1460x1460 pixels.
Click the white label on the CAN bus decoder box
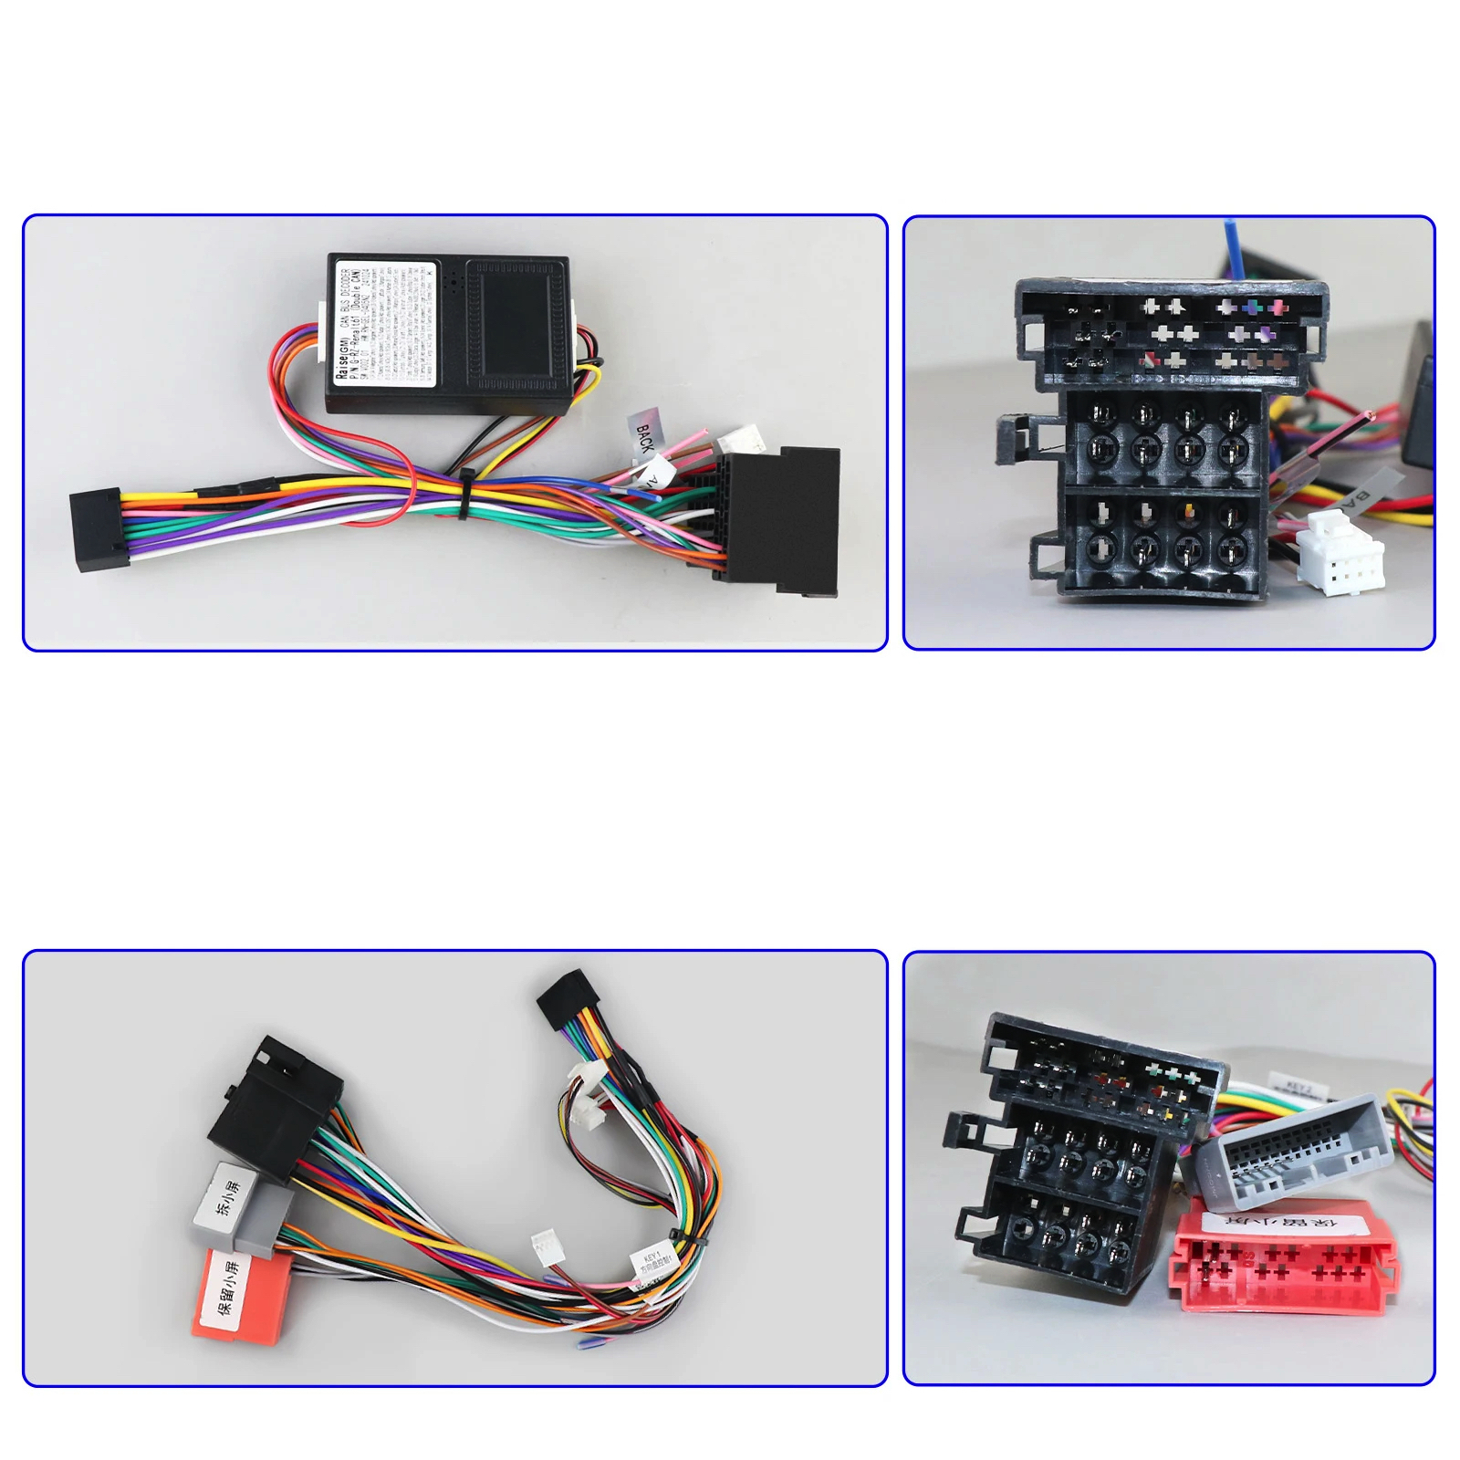[x=384, y=323]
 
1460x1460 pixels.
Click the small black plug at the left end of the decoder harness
[x=96, y=530]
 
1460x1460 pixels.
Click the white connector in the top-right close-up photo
[x=1340, y=553]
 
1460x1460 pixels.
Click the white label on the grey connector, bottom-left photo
[x=226, y=1198]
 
